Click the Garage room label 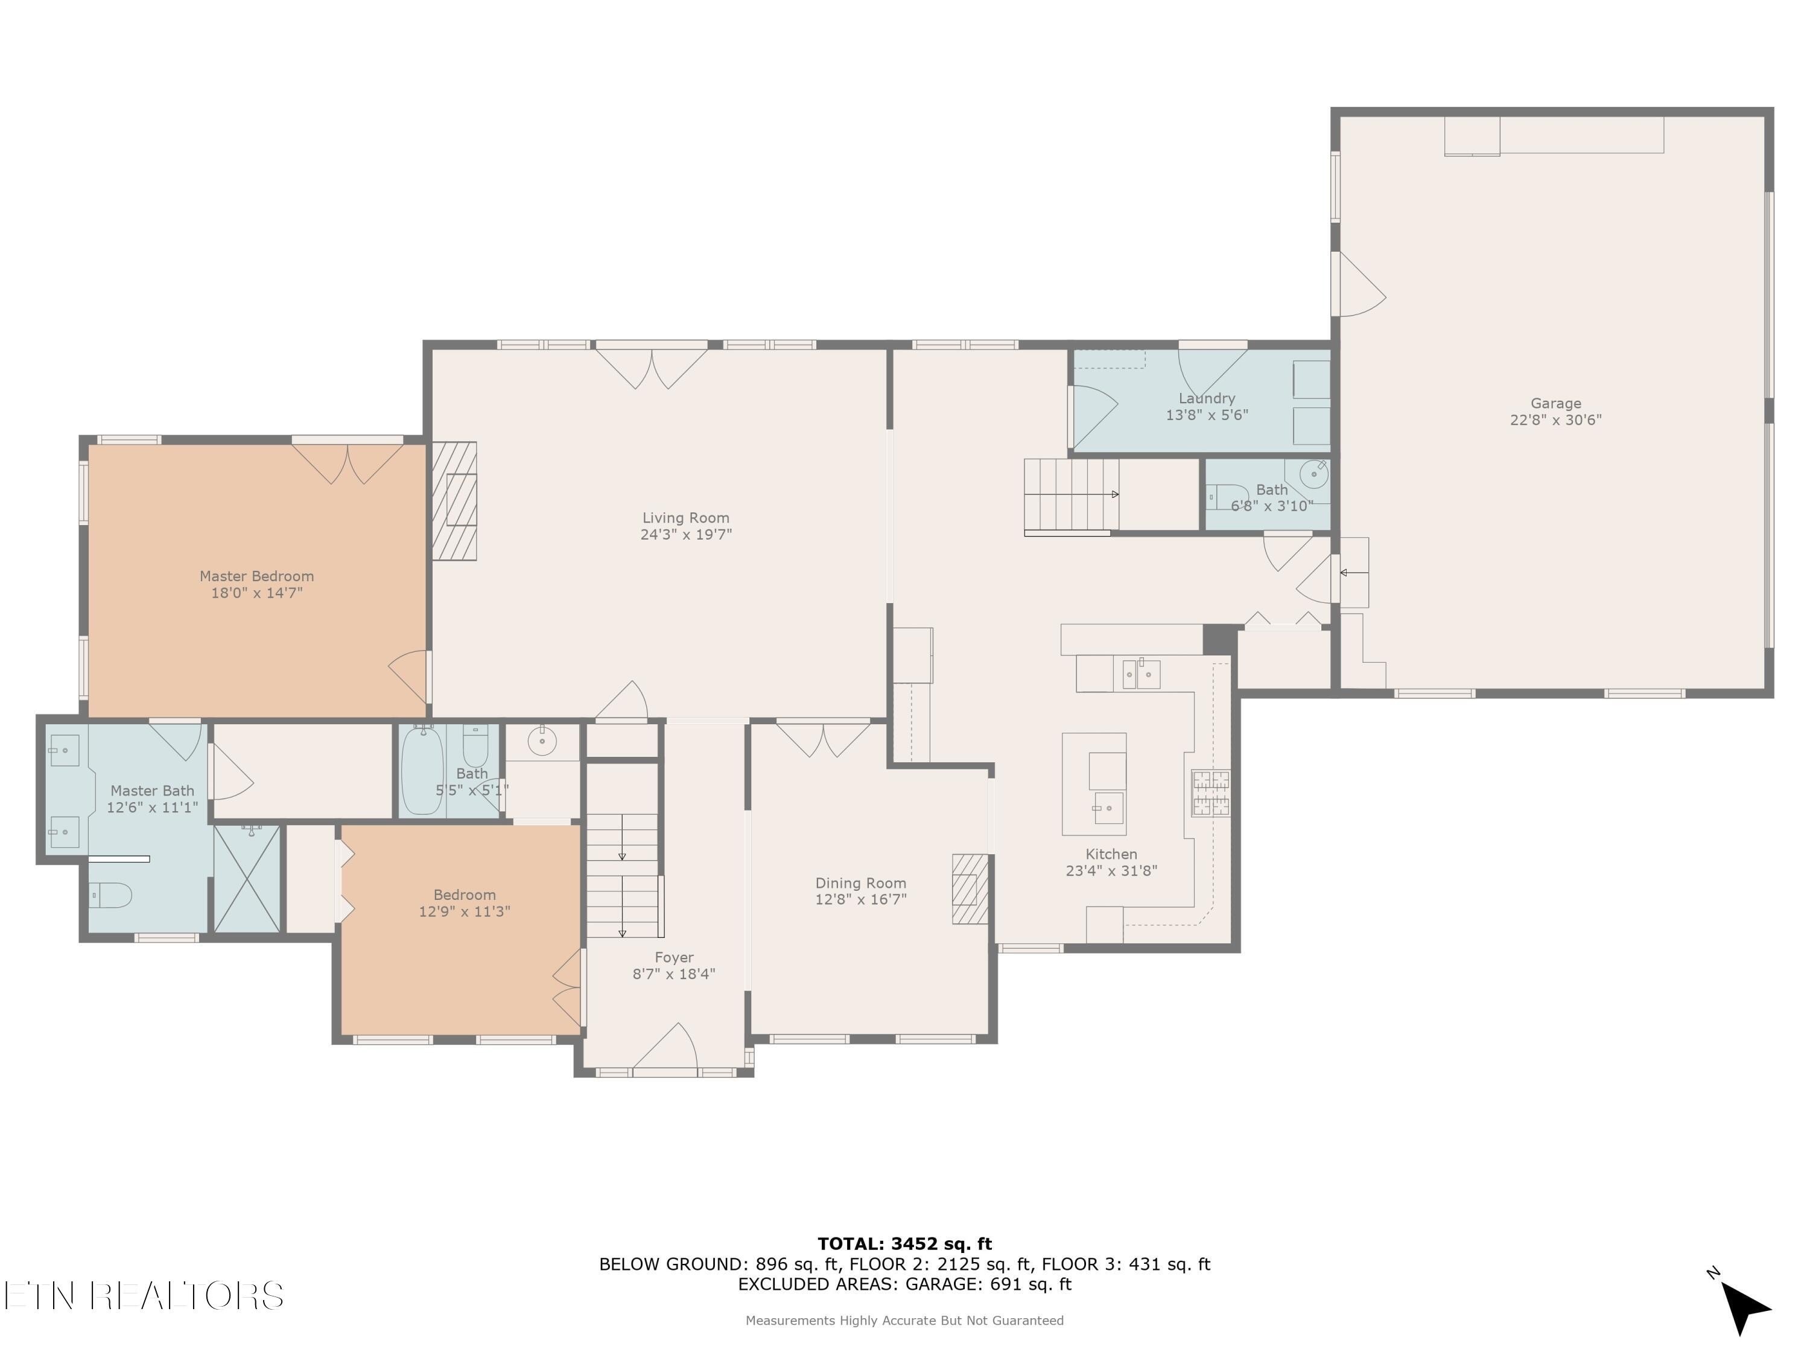pos(1555,403)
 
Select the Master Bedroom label pos(257,575)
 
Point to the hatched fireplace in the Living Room pos(454,501)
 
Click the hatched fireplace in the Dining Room pos(970,889)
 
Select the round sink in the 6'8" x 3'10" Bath pos(1313,474)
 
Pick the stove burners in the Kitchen pos(1210,792)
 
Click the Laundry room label pos(1206,398)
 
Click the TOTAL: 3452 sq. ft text pos(904,1244)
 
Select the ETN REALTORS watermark pos(143,1296)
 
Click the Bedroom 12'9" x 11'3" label pos(464,894)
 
